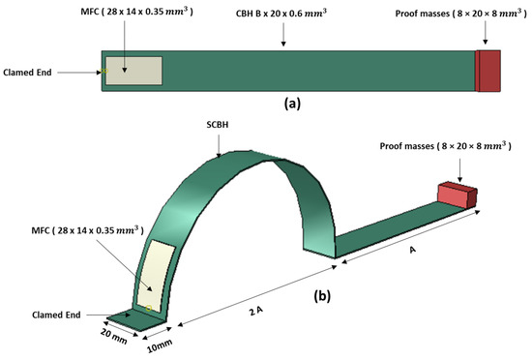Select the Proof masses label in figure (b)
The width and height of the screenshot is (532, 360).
click(x=448, y=145)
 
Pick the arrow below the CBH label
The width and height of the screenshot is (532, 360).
click(x=282, y=35)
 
